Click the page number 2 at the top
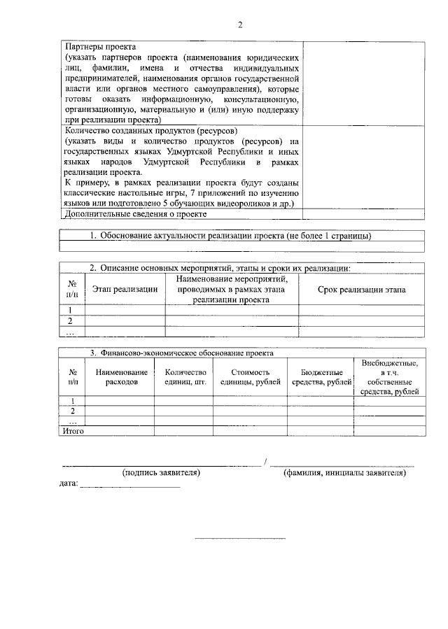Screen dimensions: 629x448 point(239,26)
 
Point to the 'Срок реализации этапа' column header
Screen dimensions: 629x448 point(360,290)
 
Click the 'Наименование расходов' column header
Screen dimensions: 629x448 point(122,377)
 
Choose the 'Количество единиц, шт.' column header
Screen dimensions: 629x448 point(185,377)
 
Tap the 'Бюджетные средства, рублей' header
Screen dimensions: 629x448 point(321,377)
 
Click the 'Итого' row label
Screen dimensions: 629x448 point(73,432)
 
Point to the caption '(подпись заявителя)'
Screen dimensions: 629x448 point(161,473)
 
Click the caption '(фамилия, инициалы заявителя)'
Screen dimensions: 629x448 point(344,473)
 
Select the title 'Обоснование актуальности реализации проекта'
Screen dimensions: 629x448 point(193,236)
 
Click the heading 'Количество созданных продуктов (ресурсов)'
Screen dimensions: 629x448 point(150,131)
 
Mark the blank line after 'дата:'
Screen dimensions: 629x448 point(130,486)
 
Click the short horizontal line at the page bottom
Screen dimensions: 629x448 point(239,538)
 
